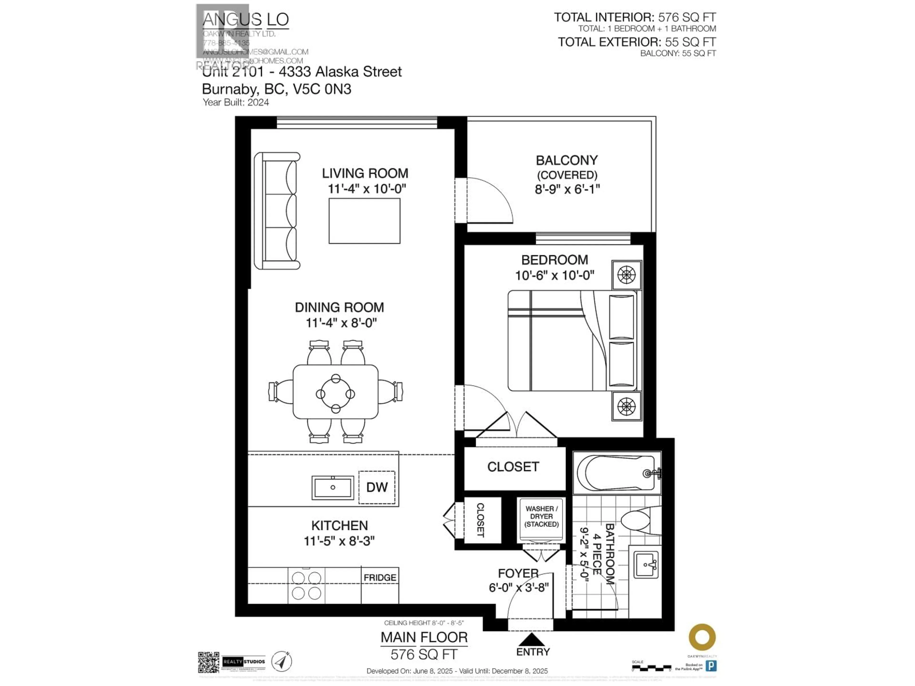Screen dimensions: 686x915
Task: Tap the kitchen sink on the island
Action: [333, 488]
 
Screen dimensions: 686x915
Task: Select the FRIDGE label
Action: [380, 577]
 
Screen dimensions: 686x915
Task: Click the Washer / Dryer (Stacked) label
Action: [541, 516]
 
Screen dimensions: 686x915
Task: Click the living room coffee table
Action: [364, 221]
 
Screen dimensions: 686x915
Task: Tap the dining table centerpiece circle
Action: [335, 394]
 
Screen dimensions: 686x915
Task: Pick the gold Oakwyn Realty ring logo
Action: [702, 637]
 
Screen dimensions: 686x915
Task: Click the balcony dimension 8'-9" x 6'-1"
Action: [567, 189]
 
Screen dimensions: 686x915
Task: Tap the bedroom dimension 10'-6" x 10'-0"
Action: [555, 275]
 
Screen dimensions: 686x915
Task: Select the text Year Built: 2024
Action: [236, 102]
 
